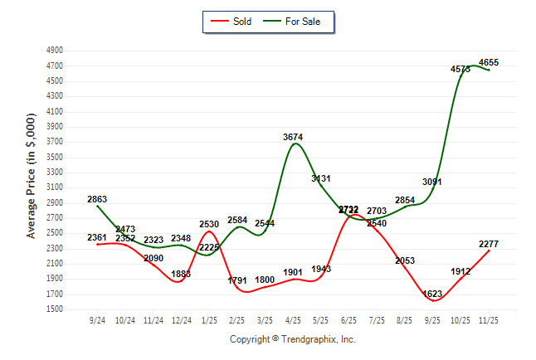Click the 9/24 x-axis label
click(97, 319)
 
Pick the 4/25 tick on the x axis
click(292, 319)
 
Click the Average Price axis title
click(32, 179)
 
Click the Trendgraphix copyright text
click(292, 339)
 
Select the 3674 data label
click(293, 137)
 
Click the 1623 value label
click(432, 294)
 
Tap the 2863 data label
click(97, 199)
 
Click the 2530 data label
click(209, 224)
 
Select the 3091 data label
click(432, 182)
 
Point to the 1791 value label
click(237, 280)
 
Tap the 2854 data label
click(405, 200)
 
